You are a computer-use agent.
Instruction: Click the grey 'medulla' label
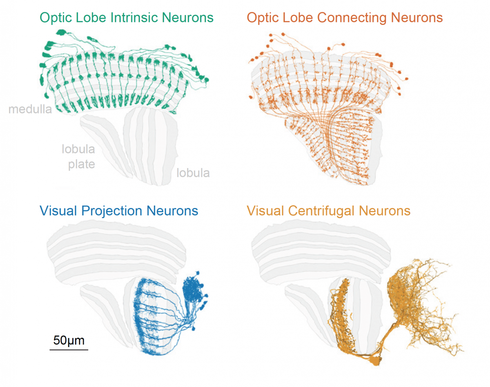30,109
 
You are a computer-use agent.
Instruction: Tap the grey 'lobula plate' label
78,157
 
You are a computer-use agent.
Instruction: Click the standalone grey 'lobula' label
193,173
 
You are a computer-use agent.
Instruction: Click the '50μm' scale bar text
69,340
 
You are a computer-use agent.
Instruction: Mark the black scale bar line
69,349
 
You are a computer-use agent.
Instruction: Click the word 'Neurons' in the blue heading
172,211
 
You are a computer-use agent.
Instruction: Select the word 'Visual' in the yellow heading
265,211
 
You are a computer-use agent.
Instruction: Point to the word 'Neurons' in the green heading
187,18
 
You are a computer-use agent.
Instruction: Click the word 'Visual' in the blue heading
58,211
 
